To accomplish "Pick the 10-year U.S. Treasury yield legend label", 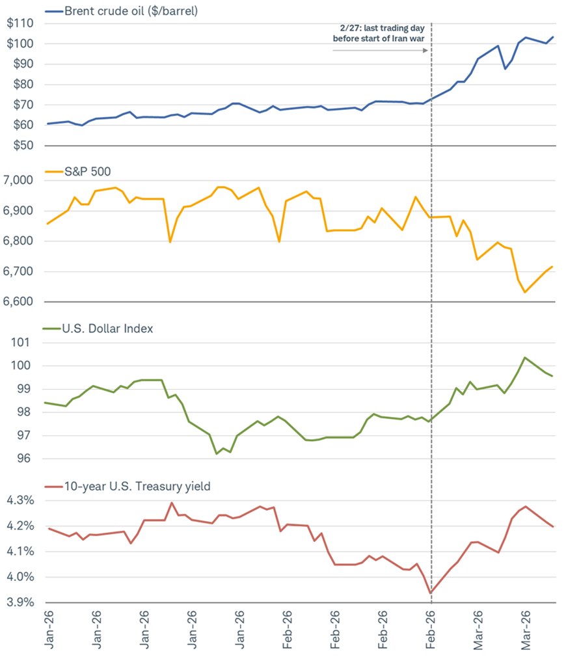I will point(136,485).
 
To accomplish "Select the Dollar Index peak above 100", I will point(524,357).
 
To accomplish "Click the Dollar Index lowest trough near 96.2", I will point(216,453).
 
